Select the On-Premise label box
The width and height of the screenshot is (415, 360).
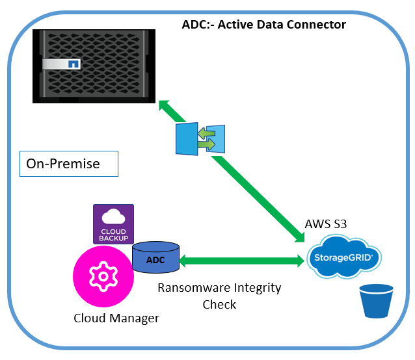coord(68,164)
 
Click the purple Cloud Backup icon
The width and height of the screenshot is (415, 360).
coord(113,224)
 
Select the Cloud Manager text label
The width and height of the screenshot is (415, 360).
coord(116,318)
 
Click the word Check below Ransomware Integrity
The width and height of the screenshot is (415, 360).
coord(219,304)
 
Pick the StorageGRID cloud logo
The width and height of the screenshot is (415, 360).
coord(343,258)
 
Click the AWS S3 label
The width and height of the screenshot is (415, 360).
coord(326,224)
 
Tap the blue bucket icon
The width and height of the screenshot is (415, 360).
coord(377,301)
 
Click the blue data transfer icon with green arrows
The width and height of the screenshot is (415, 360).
coord(200,138)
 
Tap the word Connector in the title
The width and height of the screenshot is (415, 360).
coord(317,25)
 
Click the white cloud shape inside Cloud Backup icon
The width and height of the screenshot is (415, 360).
coord(113,217)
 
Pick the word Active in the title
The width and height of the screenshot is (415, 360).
coord(237,25)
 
